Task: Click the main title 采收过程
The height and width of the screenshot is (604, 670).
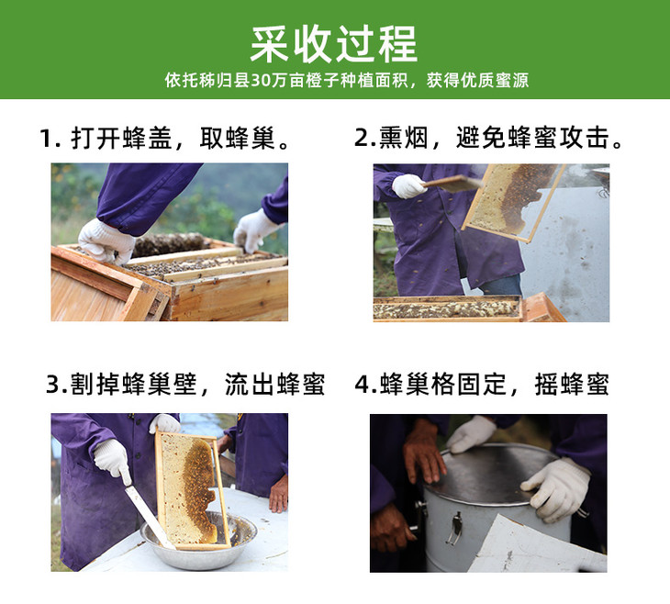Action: pyautogui.click(x=334, y=44)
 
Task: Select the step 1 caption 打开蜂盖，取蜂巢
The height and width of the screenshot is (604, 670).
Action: pyautogui.click(x=164, y=138)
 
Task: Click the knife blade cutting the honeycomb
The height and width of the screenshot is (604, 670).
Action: pyautogui.click(x=148, y=516)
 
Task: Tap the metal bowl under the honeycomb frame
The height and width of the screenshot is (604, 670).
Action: pyautogui.click(x=198, y=540)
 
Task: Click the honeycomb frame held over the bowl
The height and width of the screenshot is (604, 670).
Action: pyautogui.click(x=193, y=490)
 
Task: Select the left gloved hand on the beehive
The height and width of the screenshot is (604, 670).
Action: pyautogui.click(x=106, y=241)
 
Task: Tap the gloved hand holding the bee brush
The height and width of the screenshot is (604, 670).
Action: pyautogui.click(x=408, y=186)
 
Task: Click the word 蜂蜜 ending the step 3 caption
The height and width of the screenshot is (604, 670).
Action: pyautogui.click(x=301, y=384)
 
